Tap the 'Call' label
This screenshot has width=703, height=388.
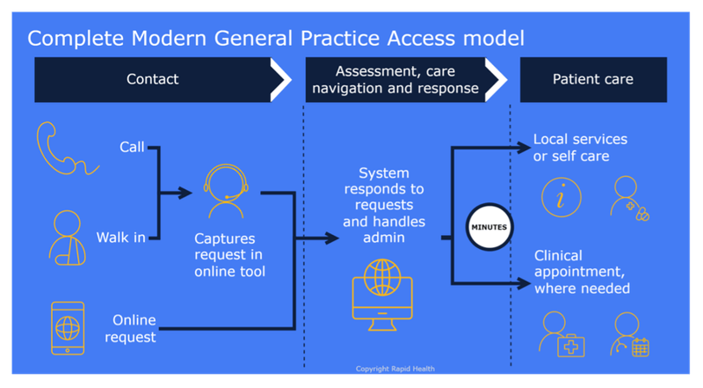[x=132, y=146]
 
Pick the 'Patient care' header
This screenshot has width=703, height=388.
[x=592, y=79]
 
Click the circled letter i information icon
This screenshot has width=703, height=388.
[x=560, y=197]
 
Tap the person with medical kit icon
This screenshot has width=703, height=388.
[x=560, y=334]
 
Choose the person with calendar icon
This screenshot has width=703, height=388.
[x=630, y=335]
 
